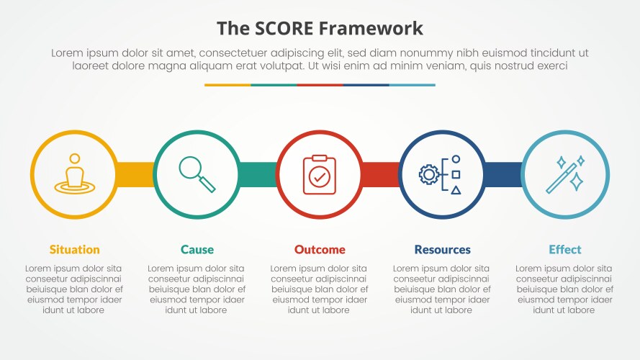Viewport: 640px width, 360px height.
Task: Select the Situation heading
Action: pos(74,250)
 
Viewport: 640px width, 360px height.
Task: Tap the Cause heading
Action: pos(197,250)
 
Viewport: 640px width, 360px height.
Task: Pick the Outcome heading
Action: pos(320,250)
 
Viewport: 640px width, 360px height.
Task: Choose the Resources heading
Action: pos(442,250)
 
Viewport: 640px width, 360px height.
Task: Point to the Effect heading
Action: pos(564,250)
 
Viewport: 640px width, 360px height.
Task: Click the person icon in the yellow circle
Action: pos(74,174)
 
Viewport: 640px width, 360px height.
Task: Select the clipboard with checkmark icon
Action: pos(320,174)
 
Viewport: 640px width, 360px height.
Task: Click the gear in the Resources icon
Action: pos(429,174)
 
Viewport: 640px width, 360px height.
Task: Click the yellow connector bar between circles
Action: pos(135,174)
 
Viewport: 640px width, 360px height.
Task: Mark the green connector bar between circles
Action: pos(258,174)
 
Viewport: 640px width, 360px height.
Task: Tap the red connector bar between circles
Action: pos(380,174)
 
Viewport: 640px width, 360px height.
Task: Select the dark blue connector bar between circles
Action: pos(502,174)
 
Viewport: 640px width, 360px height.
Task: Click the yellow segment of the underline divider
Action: pos(227,85)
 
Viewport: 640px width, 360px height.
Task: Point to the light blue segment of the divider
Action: pos(412,85)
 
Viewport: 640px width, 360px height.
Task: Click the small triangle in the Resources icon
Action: pos(456,190)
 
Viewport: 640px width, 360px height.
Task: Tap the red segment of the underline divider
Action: pos(320,85)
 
